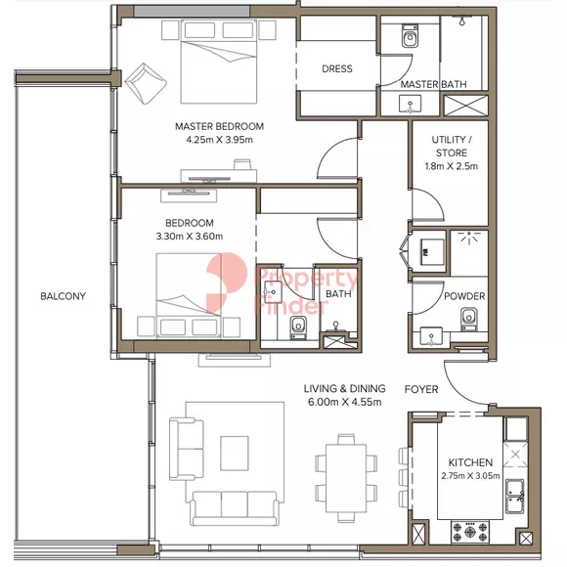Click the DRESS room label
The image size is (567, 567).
337,68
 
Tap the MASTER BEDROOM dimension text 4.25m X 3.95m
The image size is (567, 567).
220,140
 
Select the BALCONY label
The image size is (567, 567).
63,296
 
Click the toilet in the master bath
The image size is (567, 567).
410,35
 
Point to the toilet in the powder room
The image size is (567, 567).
469,319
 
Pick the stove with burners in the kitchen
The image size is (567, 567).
469,532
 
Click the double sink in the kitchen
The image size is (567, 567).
515,497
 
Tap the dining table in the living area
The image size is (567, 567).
346,479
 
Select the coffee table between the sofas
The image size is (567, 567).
235,453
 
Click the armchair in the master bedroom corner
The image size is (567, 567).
146,83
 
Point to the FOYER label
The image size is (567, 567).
421,389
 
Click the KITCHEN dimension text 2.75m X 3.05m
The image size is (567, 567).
470,476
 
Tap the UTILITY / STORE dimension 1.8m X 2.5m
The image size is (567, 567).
452,166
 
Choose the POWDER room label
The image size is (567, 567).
464,296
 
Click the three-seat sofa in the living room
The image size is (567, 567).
235,507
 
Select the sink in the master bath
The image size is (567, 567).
410,105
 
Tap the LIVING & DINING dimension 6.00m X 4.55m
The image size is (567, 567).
345,402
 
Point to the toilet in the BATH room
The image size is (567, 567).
298,327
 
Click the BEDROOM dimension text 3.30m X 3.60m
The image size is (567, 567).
190,237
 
